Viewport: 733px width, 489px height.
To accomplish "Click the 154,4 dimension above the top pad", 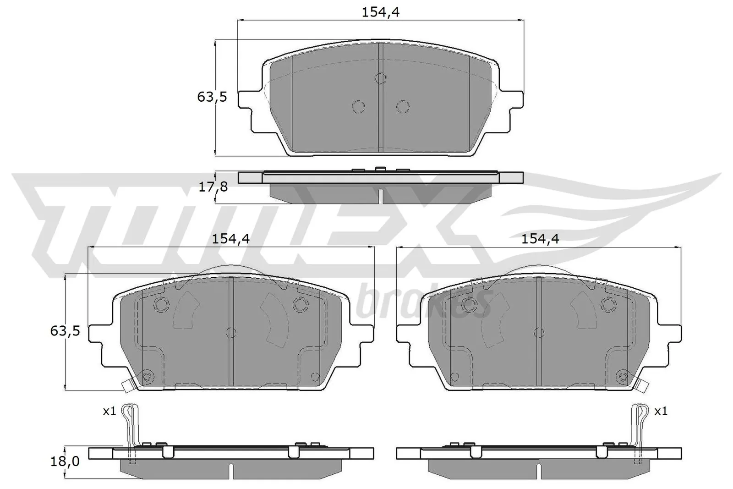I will pos(381,12).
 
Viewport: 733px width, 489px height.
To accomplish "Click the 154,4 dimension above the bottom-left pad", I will pos(230,239).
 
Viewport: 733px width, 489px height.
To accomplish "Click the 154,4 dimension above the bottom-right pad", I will pos(541,239).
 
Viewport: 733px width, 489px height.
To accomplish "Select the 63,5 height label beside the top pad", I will pos(212,97).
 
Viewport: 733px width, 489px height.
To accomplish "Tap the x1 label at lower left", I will pos(109,412).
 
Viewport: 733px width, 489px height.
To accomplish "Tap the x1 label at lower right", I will pos(661,412).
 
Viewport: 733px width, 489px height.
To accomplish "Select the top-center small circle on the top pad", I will pos(380,78).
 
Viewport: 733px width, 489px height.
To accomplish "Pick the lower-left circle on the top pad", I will pos(358,107).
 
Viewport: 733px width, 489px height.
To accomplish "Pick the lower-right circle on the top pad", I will pos(402,107).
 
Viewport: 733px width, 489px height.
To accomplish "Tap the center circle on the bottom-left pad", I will pos(231,333).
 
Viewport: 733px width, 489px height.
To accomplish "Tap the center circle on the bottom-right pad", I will pos(540,333).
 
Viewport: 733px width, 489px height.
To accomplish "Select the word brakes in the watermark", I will pos(424,302).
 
